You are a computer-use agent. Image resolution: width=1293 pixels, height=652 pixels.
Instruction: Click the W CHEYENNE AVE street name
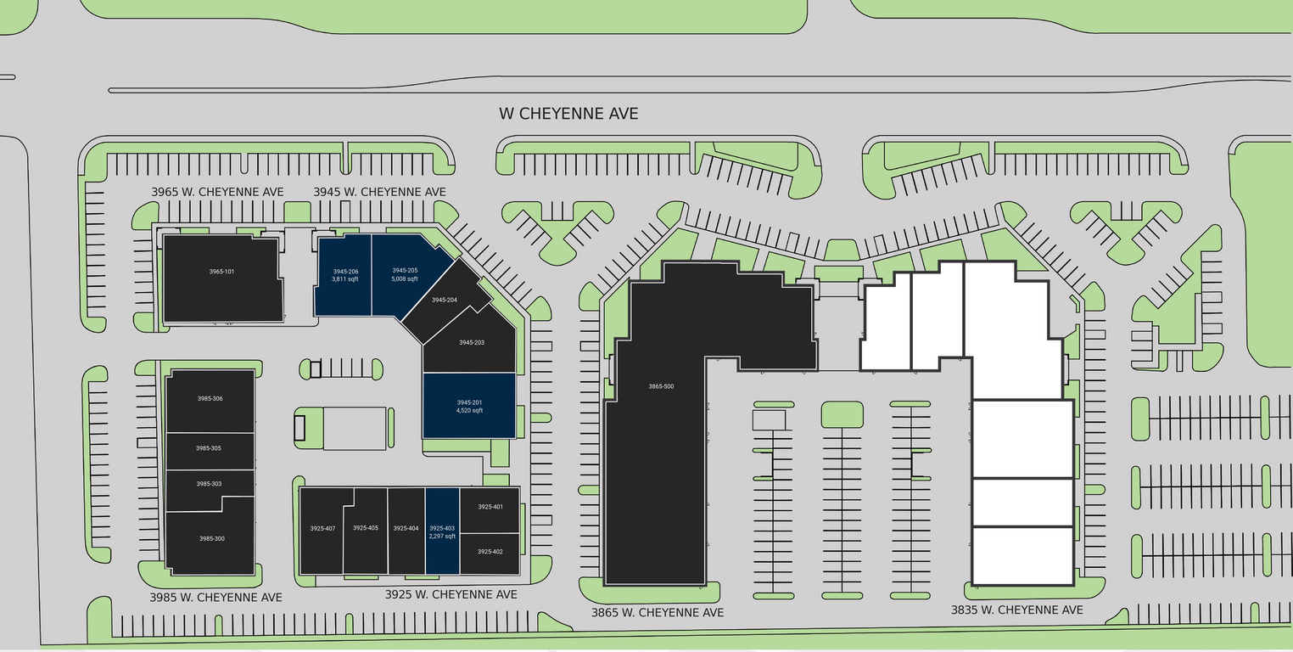coord(568,114)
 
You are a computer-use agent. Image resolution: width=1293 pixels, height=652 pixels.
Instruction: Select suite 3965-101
coord(221,272)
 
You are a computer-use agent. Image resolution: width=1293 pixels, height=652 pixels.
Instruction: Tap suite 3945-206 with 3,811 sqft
coord(344,275)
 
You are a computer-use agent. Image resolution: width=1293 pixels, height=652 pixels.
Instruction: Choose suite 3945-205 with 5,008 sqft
coord(405,275)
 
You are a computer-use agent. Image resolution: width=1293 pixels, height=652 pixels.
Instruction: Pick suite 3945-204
coord(445,301)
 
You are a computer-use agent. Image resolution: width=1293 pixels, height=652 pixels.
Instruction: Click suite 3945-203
coord(471,342)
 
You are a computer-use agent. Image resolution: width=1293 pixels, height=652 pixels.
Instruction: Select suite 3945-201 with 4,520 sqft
coord(469,406)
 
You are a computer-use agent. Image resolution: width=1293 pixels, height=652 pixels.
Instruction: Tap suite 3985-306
coord(210,399)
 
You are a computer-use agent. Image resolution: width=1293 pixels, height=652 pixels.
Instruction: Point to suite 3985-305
coord(209,448)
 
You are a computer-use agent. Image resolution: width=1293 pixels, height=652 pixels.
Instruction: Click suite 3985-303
coord(209,484)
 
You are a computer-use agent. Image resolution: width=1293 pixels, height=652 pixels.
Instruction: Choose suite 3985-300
coord(212,539)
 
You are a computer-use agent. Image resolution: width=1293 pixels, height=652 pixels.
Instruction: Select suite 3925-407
coord(322,529)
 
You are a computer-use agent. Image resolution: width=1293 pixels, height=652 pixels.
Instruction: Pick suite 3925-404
coord(406,529)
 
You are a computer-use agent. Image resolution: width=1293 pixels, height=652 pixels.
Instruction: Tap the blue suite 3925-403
coord(442,532)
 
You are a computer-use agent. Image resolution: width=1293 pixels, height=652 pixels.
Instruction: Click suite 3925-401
coord(490,507)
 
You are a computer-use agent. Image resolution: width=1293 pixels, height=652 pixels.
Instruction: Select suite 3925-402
coord(490,552)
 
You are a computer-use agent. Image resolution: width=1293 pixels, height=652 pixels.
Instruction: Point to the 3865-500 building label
coord(661,386)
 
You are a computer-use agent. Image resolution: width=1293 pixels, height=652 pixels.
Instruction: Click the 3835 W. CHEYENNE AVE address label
coord(1016,610)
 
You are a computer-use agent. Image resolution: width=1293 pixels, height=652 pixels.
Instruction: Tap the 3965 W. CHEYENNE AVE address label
coord(217,192)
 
